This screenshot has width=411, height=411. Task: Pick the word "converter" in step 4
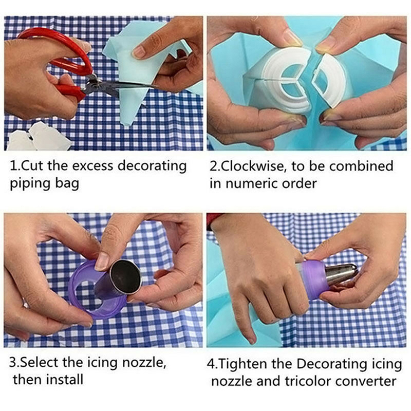tap(366, 382)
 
